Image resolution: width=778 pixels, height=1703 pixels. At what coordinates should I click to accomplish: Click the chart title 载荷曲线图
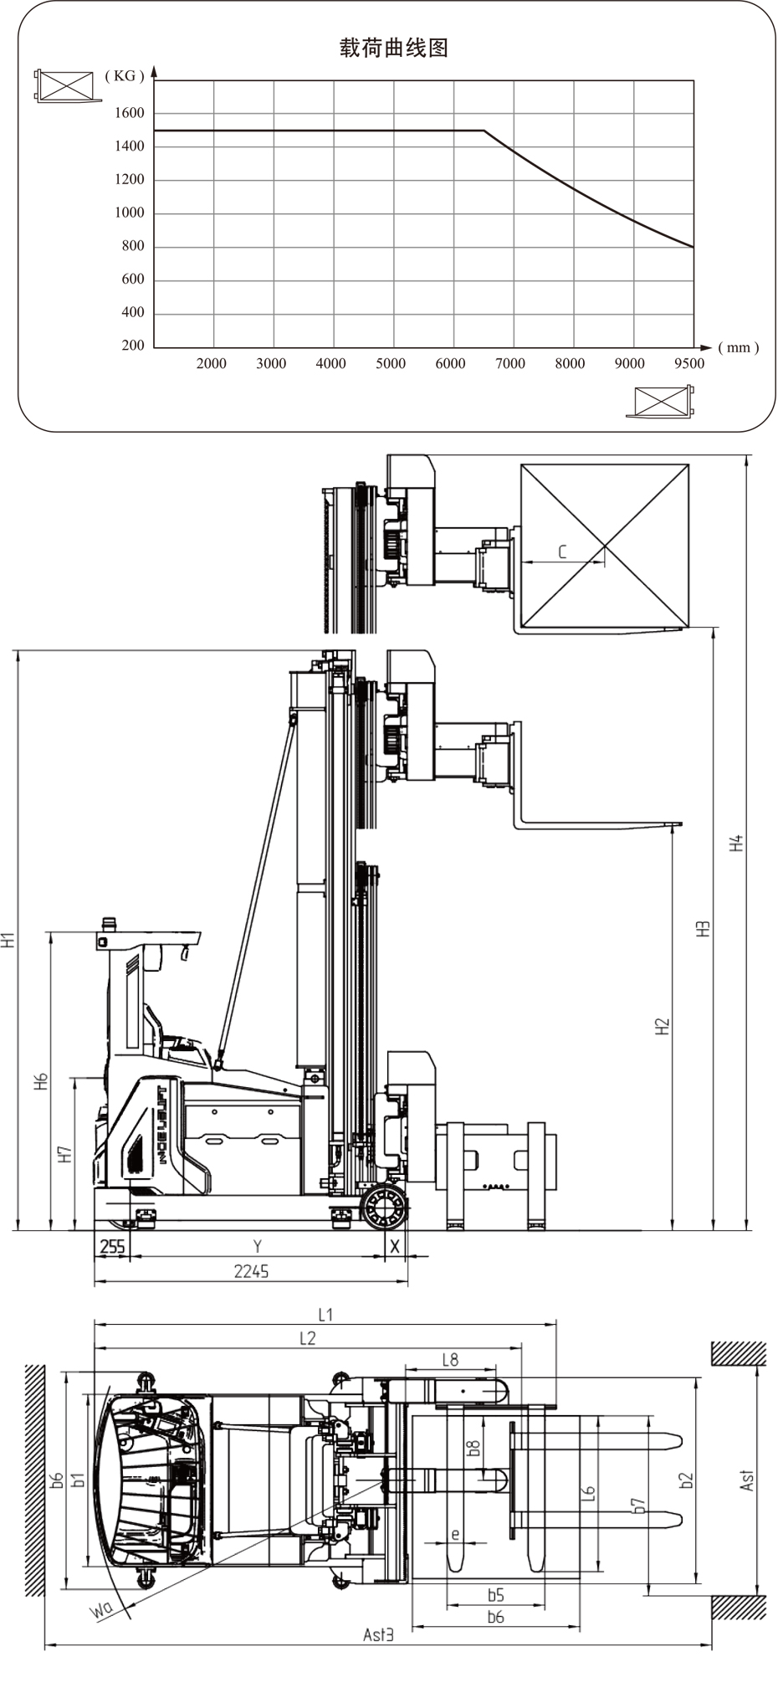[394, 49]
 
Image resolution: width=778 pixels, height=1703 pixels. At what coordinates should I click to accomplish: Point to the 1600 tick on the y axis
[130, 113]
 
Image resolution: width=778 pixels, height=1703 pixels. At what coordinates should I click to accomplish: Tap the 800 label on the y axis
[133, 246]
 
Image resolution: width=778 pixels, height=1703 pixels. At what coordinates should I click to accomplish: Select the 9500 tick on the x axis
[689, 363]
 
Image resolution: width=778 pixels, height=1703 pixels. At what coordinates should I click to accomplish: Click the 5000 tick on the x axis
[391, 363]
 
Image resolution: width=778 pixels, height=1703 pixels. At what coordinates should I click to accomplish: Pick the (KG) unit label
[125, 76]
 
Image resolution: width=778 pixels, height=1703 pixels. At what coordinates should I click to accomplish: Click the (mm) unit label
[739, 347]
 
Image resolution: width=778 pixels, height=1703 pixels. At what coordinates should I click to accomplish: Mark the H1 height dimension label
[8, 940]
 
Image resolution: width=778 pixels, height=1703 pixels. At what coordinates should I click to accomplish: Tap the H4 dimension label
[736, 844]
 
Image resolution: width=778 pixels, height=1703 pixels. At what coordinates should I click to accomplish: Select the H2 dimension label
[663, 1027]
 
